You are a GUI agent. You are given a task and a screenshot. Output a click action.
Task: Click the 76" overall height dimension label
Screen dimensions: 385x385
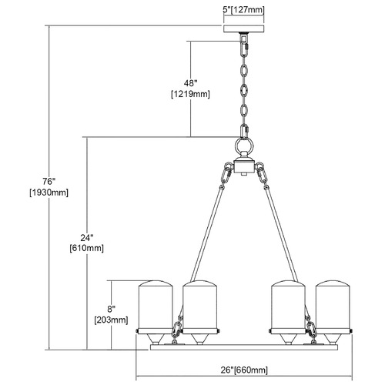click(x=49, y=181)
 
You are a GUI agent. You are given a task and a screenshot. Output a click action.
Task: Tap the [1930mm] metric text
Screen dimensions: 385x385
click(x=49, y=192)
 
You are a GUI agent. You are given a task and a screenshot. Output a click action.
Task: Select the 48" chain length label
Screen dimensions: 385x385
click(x=190, y=83)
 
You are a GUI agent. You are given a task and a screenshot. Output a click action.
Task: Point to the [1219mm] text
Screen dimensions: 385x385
click(x=190, y=94)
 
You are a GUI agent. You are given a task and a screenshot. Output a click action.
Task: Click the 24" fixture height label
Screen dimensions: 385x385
click(x=87, y=238)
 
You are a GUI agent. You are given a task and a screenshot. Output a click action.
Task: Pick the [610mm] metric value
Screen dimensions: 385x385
click(x=87, y=249)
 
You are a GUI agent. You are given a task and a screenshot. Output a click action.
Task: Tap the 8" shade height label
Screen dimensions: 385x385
click(x=112, y=310)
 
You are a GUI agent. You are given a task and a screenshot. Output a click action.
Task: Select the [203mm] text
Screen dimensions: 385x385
click(x=111, y=320)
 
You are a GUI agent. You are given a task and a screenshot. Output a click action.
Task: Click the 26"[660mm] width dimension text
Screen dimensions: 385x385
click(x=244, y=370)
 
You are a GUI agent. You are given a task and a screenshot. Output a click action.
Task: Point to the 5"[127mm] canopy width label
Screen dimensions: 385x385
click(x=243, y=10)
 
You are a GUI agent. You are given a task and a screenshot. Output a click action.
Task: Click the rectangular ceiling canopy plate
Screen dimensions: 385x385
click(x=244, y=28)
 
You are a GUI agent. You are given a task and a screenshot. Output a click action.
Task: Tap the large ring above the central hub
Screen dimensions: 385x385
click(x=243, y=146)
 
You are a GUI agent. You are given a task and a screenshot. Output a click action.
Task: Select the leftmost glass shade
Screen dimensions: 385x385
click(x=156, y=306)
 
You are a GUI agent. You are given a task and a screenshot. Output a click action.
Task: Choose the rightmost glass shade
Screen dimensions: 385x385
click(x=333, y=306)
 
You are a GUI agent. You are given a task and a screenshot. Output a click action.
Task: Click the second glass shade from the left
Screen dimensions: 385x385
click(x=200, y=306)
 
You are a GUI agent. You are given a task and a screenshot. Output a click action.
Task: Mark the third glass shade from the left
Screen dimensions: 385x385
click(x=289, y=306)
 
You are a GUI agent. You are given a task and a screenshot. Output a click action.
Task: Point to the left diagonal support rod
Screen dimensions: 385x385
click(x=207, y=233)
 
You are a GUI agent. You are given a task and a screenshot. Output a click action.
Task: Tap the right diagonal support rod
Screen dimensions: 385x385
click(x=281, y=233)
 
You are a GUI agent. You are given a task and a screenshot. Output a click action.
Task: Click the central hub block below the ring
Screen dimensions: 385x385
click(x=243, y=166)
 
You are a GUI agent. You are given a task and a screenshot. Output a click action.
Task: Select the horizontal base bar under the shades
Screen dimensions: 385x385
click(x=244, y=347)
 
